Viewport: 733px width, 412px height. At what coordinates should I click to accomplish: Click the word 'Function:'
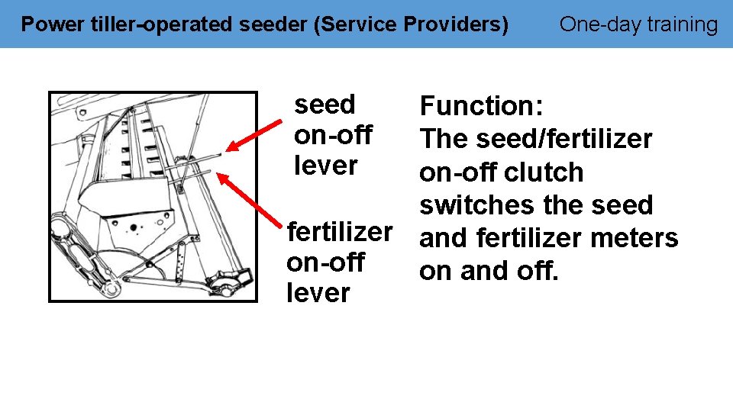point(481,106)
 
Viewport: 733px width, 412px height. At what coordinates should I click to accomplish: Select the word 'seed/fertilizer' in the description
point(563,139)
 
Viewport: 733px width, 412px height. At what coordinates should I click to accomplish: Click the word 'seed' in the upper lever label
point(325,104)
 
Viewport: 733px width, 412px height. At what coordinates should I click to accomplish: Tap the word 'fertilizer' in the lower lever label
point(339,230)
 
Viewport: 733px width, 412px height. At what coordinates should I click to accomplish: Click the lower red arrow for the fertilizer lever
point(248,201)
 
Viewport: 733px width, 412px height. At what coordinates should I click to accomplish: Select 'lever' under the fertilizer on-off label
point(318,293)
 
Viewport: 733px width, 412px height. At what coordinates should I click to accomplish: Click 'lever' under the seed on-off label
point(325,165)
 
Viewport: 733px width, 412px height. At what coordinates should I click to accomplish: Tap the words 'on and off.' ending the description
point(489,271)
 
